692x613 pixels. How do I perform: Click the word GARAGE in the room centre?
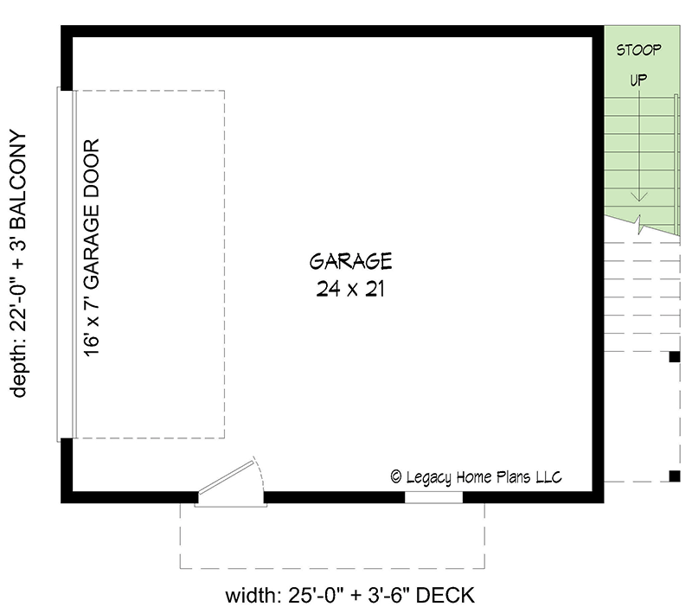(350, 260)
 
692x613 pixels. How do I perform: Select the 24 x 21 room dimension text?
(350, 290)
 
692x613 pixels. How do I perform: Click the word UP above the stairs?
(638, 80)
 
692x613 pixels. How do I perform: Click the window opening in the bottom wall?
(433, 497)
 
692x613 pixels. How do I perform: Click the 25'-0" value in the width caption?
(310, 596)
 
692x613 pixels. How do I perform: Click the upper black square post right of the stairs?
(674, 356)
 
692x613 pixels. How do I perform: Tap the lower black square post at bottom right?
(674, 475)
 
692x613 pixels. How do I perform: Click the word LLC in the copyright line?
(548, 476)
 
